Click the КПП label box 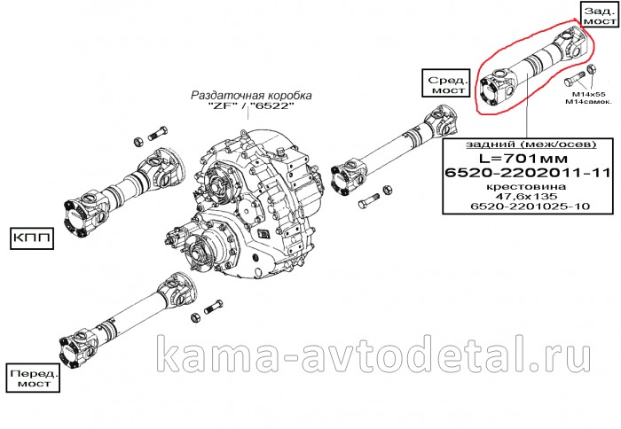click(32, 238)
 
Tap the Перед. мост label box click(34, 378)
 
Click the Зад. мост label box click(600, 16)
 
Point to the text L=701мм click(523, 159)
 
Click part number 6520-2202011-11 click(527, 173)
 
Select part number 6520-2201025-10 click(527, 207)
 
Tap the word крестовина click(527, 186)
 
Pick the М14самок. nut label click(588, 102)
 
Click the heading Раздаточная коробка click(251, 96)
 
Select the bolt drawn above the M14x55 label click(573, 80)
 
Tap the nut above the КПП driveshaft click(139, 141)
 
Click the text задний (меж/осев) click(531, 144)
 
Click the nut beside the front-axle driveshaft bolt click(195, 318)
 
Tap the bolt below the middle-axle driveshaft click(369, 201)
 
